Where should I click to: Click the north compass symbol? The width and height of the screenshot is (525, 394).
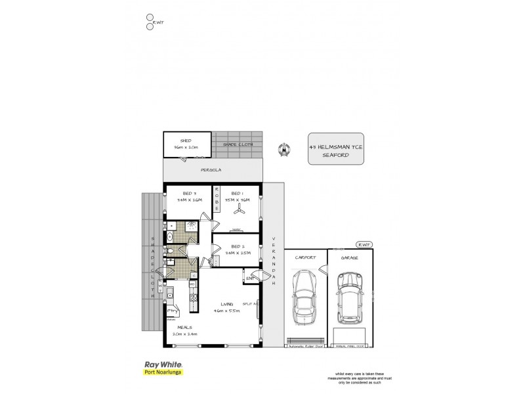(283, 148)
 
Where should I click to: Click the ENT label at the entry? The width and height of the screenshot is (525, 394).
(249, 278)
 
